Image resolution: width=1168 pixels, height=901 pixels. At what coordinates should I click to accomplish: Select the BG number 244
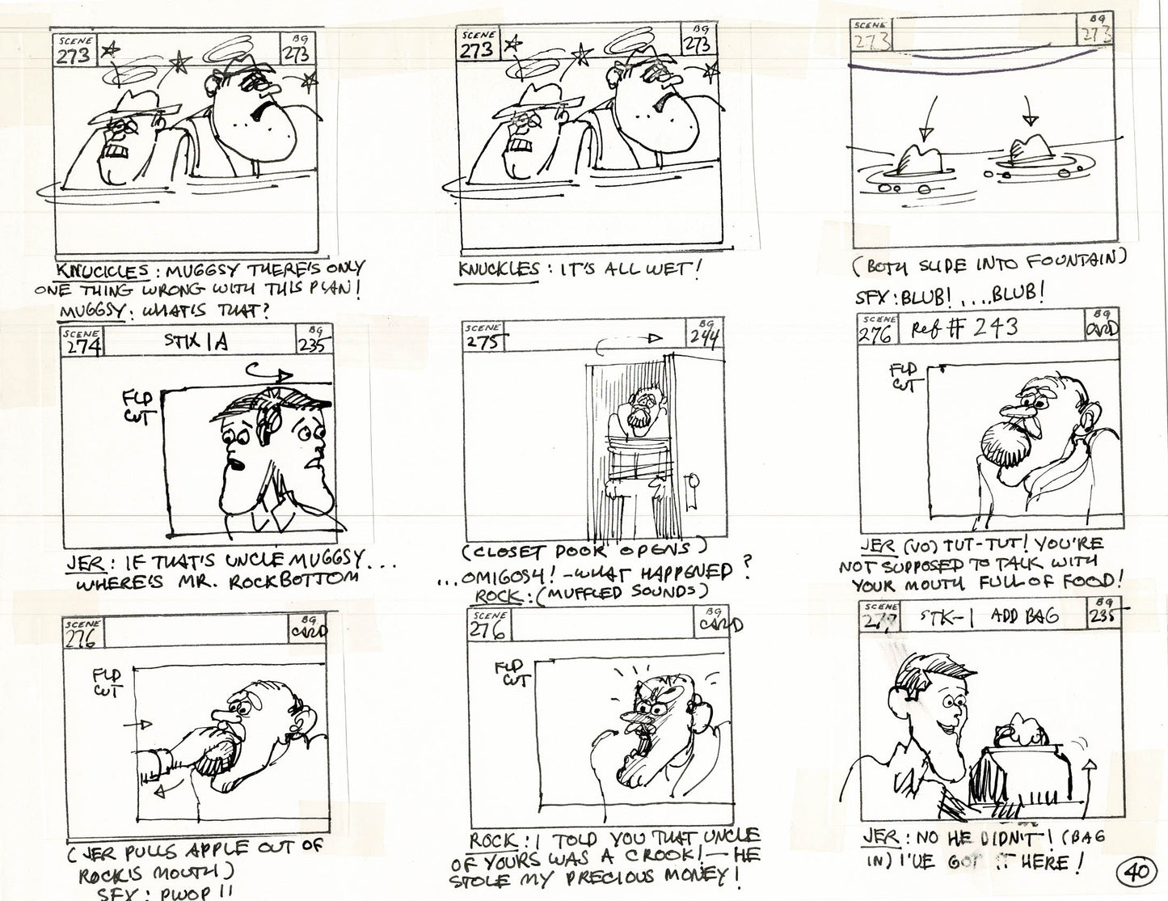coord(704,336)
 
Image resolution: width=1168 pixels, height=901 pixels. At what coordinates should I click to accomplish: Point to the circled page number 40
coord(1136,873)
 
